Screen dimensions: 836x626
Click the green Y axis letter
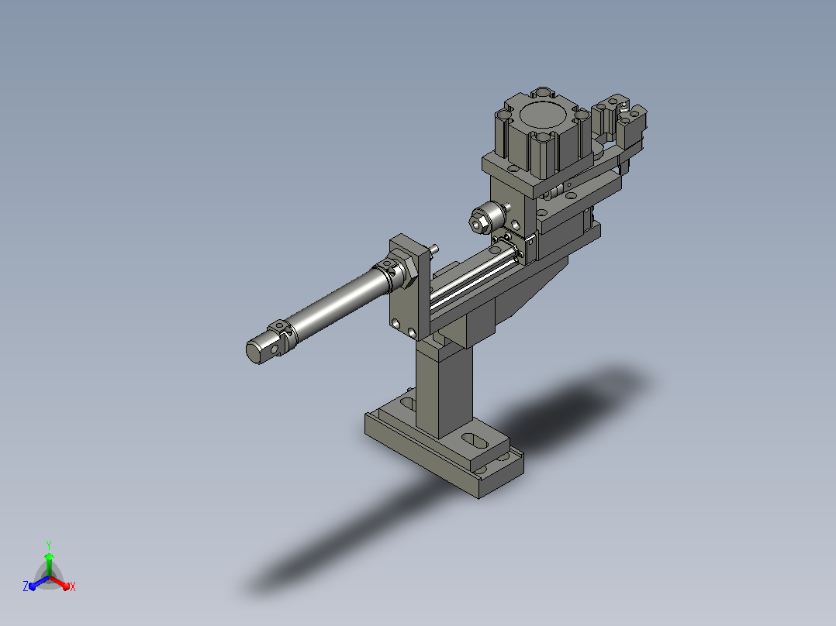[x=49, y=545]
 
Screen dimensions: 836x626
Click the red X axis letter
[x=73, y=586]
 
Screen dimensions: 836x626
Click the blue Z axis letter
[x=26, y=586]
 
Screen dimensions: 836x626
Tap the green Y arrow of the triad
[x=49, y=564]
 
